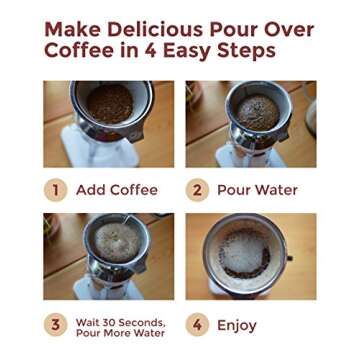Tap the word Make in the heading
73,29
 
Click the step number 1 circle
56,189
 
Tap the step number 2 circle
197,189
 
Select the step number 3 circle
56,325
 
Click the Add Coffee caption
117,189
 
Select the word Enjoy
237,325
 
